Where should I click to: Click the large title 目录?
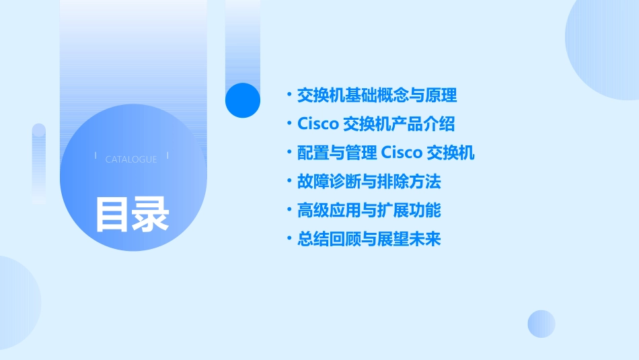[132, 214]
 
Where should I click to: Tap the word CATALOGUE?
[131, 159]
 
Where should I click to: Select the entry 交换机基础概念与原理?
[377, 96]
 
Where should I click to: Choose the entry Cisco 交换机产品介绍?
[376, 124]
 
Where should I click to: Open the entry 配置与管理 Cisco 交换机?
[385, 153]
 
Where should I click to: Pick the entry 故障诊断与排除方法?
[369, 182]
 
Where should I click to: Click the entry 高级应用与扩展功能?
[369, 211]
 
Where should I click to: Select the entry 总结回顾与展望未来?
[369, 239]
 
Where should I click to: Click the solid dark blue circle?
[243, 100]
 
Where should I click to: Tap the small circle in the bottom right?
[541, 324]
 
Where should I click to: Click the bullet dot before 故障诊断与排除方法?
[289, 182]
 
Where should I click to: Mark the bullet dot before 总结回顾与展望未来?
[289, 239]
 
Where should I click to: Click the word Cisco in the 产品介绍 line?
[317, 124]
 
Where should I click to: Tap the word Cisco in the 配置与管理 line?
[402, 153]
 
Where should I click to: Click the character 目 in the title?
[112, 214]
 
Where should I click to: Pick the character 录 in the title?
[151, 214]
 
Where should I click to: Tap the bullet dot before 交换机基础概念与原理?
[289, 96]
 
